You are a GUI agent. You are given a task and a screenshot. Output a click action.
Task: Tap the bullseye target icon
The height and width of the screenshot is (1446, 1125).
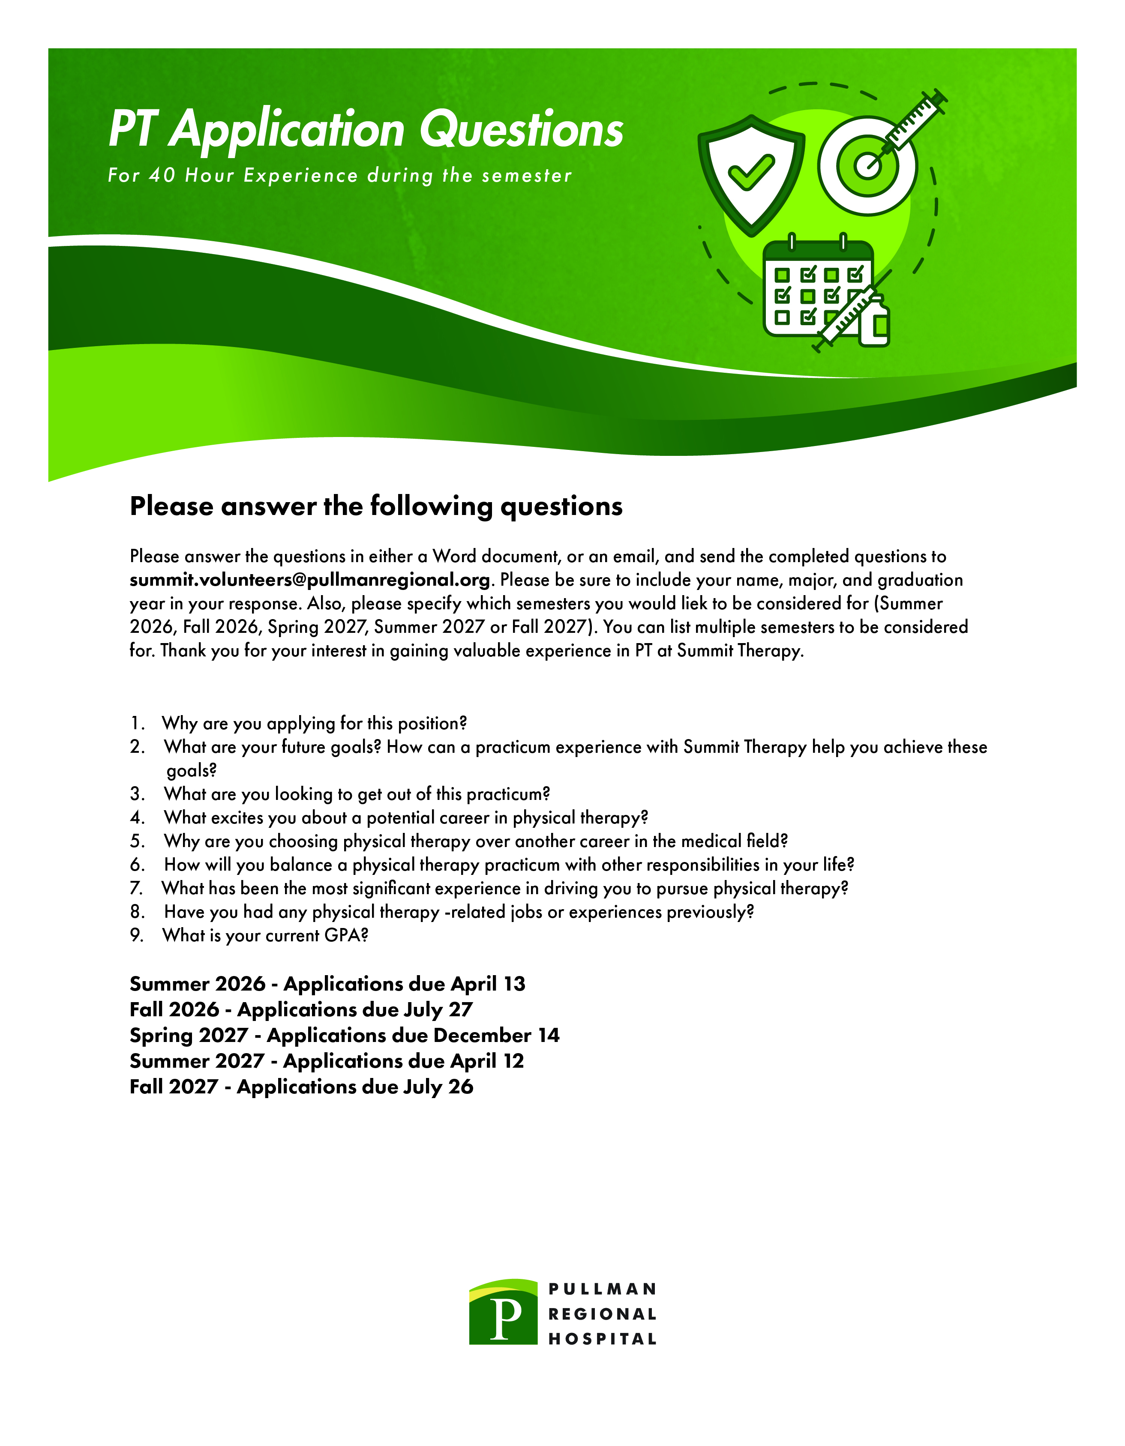pyautogui.click(x=867, y=165)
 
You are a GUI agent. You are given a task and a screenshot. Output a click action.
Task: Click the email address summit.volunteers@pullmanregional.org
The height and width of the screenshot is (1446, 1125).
pyautogui.click(x=310, y=580)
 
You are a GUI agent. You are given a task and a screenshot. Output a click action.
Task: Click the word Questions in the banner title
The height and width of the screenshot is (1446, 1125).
pyautogui.click(x=522, y=129)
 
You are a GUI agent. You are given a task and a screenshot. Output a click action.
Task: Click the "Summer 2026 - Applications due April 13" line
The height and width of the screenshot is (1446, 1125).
pyautogui.click(x=327, y=984)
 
